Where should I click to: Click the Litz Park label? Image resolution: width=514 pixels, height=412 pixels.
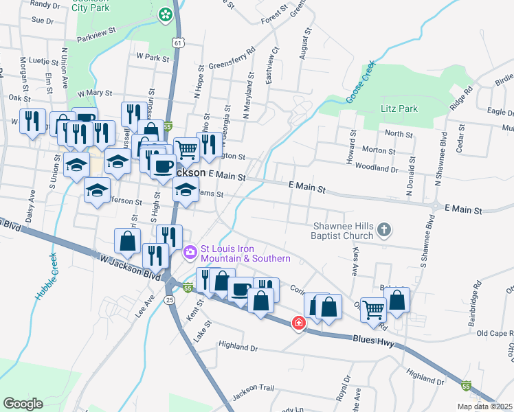coord(399,109)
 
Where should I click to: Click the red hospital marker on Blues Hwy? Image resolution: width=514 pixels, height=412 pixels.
coord(298,322)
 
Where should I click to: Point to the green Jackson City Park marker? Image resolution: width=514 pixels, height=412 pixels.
coord(165,14)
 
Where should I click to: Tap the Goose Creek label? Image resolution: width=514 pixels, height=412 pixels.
coord(361,83)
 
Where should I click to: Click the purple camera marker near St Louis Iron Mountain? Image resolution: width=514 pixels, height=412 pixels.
coord(190,253)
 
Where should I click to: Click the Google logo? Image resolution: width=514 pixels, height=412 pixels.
coord(23,403)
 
